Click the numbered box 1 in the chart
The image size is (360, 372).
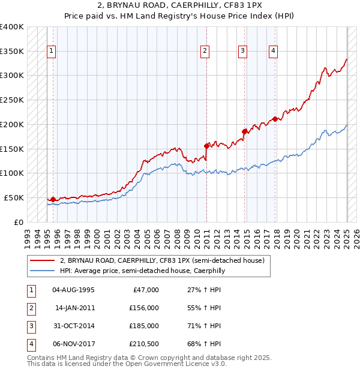(x=52, y=52)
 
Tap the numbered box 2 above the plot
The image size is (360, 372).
(x=205, y=52)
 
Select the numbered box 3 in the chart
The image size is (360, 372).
(x=243, y=52)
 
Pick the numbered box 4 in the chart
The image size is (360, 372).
(x=273, y=52)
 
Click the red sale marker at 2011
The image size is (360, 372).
(x=206, y=145)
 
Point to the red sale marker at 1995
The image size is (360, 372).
(x=53, y=199)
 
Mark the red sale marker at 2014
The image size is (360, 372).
(x=245, y=131)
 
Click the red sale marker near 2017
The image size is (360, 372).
(x=275, y=119)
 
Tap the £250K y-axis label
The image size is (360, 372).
(x=11, y=100)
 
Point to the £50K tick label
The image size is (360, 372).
(x=14, y=197)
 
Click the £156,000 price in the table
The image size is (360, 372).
(x=144, y=308)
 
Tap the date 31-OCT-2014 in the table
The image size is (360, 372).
(x=74, y=326)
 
